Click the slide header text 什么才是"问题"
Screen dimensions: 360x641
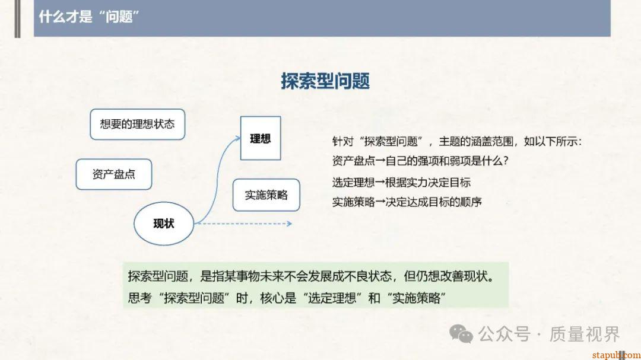point(89,16)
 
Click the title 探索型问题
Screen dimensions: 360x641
point(325,81)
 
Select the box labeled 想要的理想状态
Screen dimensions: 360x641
point(137,124)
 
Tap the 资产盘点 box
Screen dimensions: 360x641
point(114,174)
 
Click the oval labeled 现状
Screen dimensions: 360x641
point(164,224)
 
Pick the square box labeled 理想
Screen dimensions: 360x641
point(261,138)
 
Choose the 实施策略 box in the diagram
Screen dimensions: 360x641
point(266,195)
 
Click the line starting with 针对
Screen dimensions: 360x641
point(458,142)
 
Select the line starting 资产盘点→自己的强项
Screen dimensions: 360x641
point(421,161)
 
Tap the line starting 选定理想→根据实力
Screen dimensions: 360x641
point(401,182)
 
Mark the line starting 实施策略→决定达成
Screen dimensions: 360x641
point(407,202)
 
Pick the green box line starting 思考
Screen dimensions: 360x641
point(287,297)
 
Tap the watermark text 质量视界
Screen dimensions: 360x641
point(585,334)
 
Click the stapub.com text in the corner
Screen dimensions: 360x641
point(614,354)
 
